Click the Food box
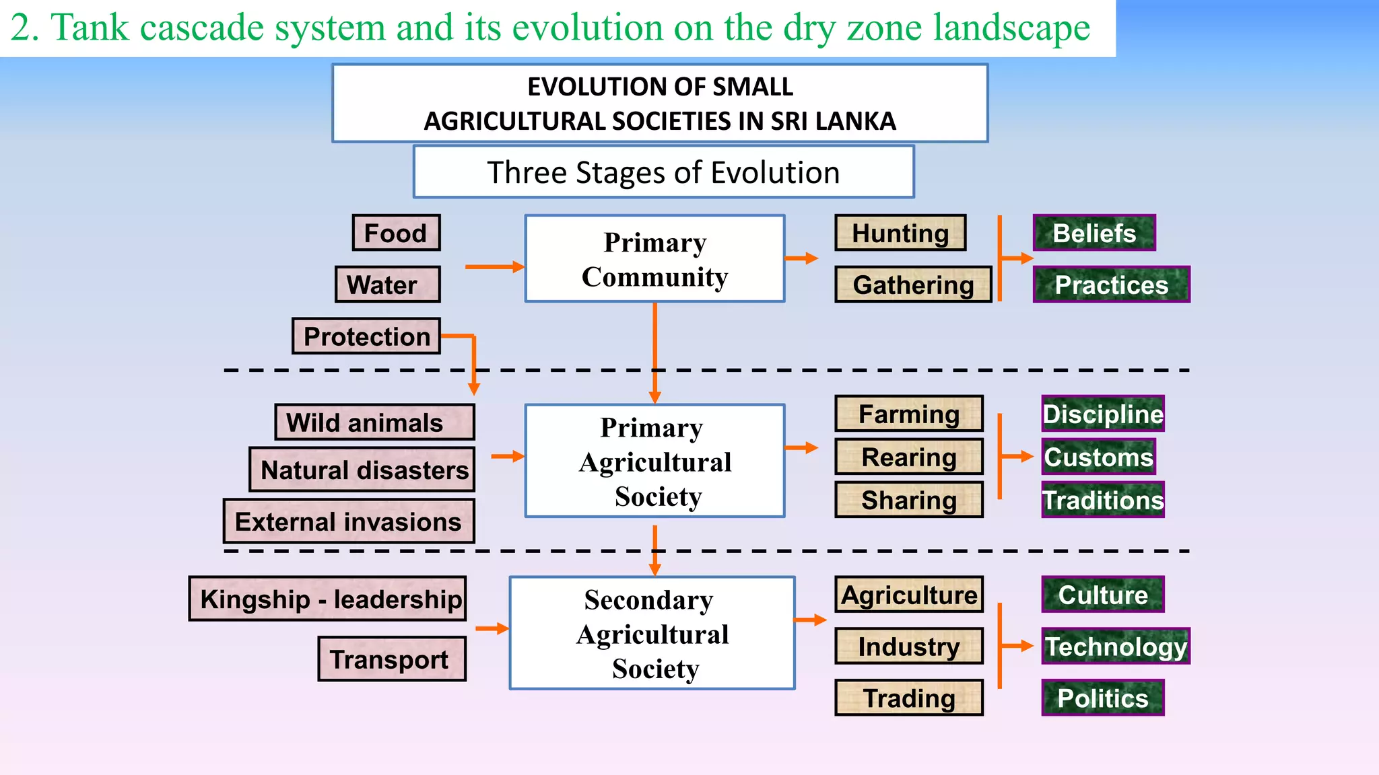(396, 233)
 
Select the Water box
(387, 285)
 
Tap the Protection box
(366, 336)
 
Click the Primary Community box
(654, 259)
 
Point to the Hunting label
(900, 233)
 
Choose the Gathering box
(913, 285)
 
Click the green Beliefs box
(1094, 233)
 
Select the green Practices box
(1111, 285)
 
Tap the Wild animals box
(374, 422)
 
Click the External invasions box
(349, 521)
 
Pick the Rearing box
(909, 457)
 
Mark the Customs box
(1099, 457)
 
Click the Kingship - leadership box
(328, 599)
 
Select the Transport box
(392, 659)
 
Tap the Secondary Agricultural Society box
(652, 633)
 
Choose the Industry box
(909, 646)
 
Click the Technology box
(1116, 646)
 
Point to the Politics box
(1102, 698)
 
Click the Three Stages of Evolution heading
(663, 172)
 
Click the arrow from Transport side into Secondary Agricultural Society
(492, 628)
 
